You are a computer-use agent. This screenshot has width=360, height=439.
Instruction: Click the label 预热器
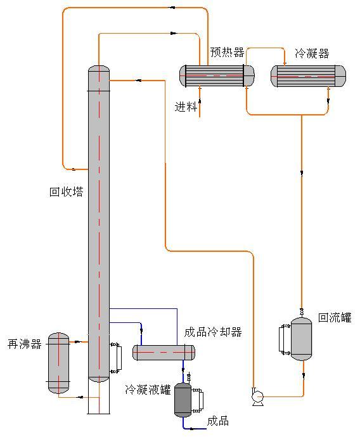pos(227,53)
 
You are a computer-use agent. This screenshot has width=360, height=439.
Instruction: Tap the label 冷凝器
pos(312,53)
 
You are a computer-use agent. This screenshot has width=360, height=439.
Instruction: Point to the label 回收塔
pos(67,192)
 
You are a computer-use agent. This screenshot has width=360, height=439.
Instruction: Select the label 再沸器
pos(25,344)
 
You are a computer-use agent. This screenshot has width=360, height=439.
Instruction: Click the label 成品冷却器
pos(213,332)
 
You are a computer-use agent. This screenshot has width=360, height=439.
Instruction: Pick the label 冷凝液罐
pos(148,389)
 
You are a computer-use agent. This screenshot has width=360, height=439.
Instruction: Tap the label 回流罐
pos(335,317)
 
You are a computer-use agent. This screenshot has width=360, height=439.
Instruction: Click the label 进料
pos(186,107)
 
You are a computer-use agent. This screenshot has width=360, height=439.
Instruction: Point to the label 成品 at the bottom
pos(218,421)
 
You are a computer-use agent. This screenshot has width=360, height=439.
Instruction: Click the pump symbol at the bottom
pos(257,397)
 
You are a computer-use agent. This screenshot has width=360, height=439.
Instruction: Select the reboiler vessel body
pos(58,363)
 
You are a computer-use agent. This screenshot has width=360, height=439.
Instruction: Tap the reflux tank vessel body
pos(301,339)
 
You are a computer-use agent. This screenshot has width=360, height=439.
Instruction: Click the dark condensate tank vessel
pos(183,400)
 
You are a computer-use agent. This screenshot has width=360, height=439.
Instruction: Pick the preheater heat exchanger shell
pos(217,75)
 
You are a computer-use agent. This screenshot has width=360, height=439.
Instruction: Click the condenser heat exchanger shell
pos(308,76)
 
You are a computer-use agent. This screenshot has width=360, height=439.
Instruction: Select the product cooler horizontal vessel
pos(164,353)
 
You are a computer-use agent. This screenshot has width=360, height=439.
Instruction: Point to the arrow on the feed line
pos(200,102)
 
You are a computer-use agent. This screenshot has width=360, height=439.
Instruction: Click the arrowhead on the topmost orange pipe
pos(173,8)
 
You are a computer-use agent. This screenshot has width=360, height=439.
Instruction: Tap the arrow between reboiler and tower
pos(78,342)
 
